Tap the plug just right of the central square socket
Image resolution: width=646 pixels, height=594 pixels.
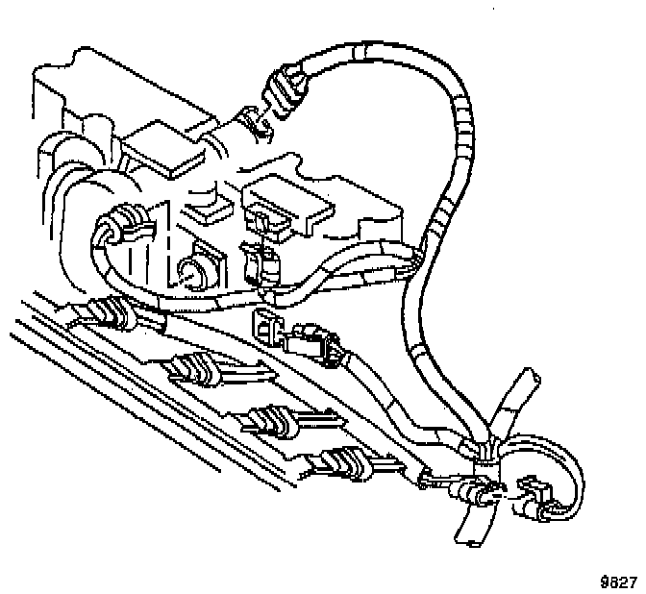coord(318,344)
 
